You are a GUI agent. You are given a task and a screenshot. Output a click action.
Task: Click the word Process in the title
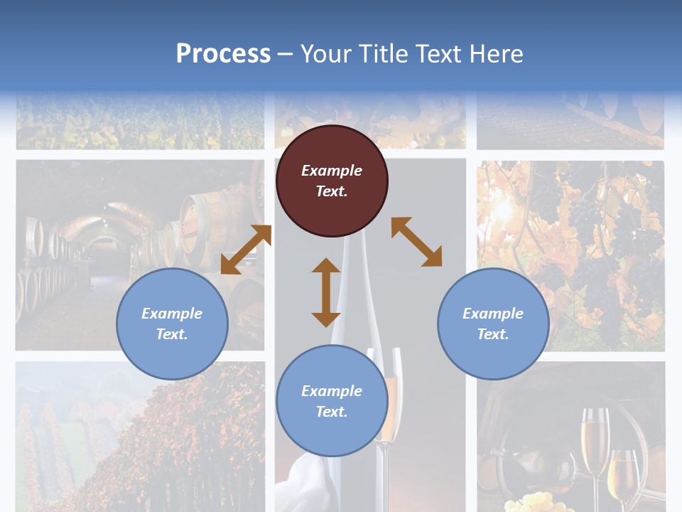click(x=223, y=54)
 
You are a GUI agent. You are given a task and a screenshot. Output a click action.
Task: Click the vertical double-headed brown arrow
click(x=326, y=292)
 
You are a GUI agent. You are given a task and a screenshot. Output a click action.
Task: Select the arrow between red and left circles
click(x=246, y=250)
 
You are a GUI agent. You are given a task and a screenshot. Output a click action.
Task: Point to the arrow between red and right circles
click(x=416, y=242)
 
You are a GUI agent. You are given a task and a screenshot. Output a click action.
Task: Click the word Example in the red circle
click(x=332, y=171)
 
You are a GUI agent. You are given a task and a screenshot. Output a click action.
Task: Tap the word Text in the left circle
click(x=172, y=334)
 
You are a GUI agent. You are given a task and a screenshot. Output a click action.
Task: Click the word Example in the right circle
click(x=493, y=314)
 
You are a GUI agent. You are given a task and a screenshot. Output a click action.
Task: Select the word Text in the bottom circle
click(x=332, y=412)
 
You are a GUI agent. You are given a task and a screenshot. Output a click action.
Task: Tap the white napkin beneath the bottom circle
click(x=313, y=484)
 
